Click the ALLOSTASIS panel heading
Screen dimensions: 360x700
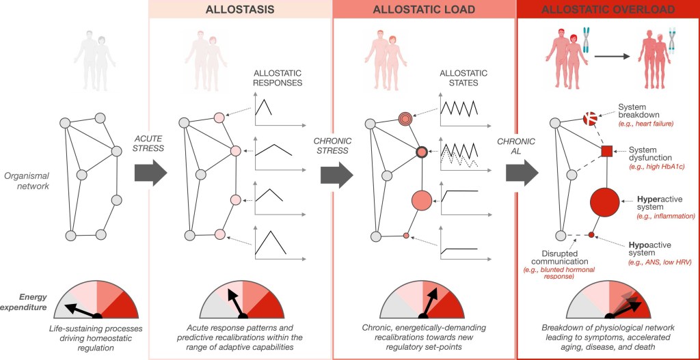[239, 10]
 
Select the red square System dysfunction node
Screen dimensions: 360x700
[606, 151]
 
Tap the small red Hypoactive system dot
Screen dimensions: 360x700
[592, 236]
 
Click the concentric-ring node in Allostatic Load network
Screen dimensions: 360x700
[405, 118]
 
